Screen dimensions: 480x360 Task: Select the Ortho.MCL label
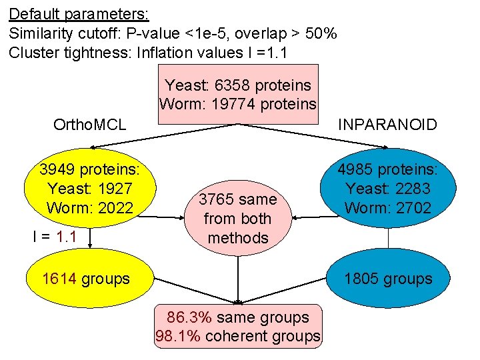[89, 124]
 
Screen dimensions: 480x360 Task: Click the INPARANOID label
[387, 124]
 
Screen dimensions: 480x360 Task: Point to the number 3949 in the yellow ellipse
[58, 169]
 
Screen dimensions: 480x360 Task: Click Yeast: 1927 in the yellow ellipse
[90, 189]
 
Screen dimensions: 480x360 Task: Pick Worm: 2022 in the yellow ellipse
[90, 207]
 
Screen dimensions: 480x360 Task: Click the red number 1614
[59, 279]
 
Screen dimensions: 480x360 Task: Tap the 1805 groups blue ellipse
[388, 279]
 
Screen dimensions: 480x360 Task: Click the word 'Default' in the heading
[33, 13]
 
